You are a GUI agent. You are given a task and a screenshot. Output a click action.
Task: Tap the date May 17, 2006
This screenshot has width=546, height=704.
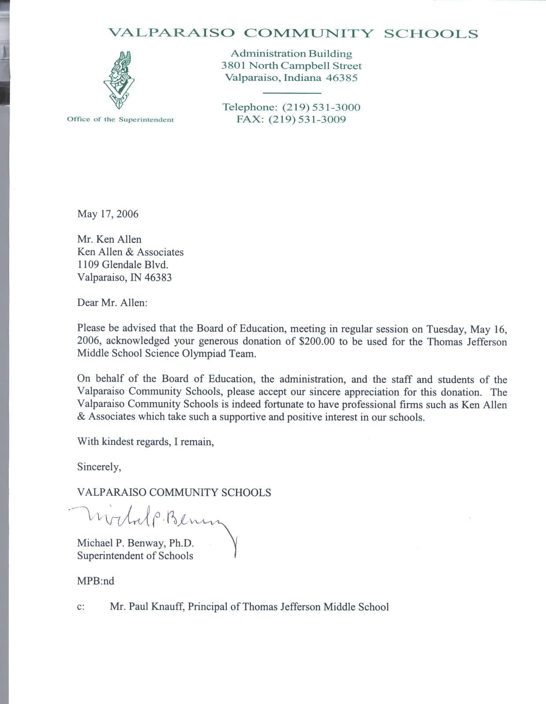coord(108,214)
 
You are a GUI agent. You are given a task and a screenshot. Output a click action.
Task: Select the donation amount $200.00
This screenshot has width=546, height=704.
coord(317,341)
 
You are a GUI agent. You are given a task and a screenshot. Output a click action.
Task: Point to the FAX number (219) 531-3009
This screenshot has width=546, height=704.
coord(314,120)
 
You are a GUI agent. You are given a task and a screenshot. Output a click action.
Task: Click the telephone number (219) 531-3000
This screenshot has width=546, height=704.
coord(321,107)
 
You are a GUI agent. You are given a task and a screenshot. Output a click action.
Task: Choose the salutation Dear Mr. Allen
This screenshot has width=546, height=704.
coord(112,303)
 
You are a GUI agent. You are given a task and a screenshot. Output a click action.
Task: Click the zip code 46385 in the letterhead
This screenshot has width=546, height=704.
coord(342,78)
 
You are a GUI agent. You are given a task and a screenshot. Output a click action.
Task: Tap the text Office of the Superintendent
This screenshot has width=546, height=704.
coord(120,120)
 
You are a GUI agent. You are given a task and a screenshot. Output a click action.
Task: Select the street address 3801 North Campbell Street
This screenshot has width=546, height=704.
coord(291,66)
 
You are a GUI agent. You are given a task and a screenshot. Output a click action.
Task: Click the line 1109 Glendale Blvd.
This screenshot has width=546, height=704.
coord(123,265)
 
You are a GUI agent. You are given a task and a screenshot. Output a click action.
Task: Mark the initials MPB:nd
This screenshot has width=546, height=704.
coord(96,581)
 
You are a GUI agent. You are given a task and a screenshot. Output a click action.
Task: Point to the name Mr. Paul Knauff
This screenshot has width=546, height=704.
coord(148,607)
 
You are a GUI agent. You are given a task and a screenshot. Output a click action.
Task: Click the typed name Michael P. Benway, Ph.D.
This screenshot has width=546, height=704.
coord(136,543)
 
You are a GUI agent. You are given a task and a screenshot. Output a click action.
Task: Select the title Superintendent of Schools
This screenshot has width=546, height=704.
coord(135,556)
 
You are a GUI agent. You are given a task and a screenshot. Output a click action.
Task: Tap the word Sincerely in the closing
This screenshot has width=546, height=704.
coord(99,467)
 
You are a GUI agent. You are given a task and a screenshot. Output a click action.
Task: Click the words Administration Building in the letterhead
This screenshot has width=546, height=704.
coord(291,54)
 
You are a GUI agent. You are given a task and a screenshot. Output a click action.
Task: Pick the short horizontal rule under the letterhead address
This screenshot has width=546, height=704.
coord(291,93)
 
